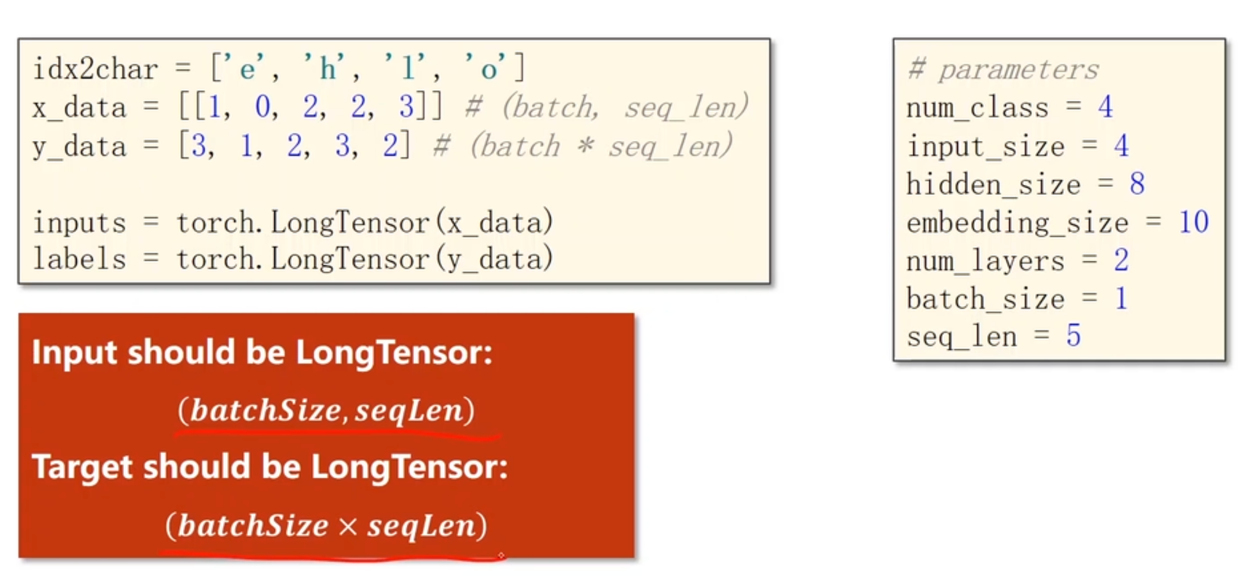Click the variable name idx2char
pos(95,69)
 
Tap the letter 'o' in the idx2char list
pos(489,69)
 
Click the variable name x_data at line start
pos(79,108)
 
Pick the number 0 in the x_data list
pos(263,106)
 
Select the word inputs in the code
pos(79,223)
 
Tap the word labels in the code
pos(79,260)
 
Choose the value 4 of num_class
pos(1106,107)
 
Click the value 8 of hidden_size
pos(1137,184)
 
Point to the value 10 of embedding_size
pos(1193,222)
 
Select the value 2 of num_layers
pos(1121,260)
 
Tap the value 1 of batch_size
pos(1121,299)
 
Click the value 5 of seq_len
pos(1073,336)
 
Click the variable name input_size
pos(985,146)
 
